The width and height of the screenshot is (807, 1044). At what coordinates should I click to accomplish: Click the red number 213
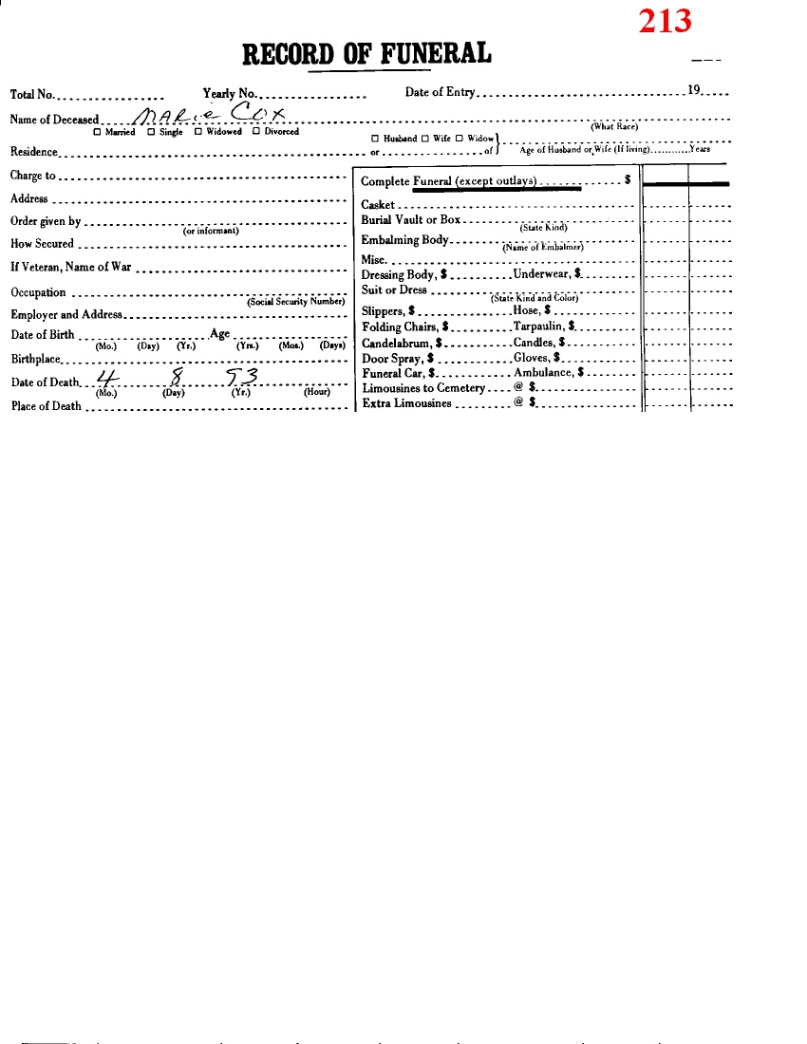665,20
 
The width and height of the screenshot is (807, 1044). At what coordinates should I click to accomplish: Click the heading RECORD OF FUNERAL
366,53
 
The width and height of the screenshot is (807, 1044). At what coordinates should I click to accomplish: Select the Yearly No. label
230,93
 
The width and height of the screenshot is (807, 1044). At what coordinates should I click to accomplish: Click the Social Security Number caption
294,302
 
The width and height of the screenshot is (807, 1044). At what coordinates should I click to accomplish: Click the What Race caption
613,127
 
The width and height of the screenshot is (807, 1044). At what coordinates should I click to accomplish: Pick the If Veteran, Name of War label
71,268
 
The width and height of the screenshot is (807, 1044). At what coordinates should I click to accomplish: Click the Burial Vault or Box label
411,220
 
